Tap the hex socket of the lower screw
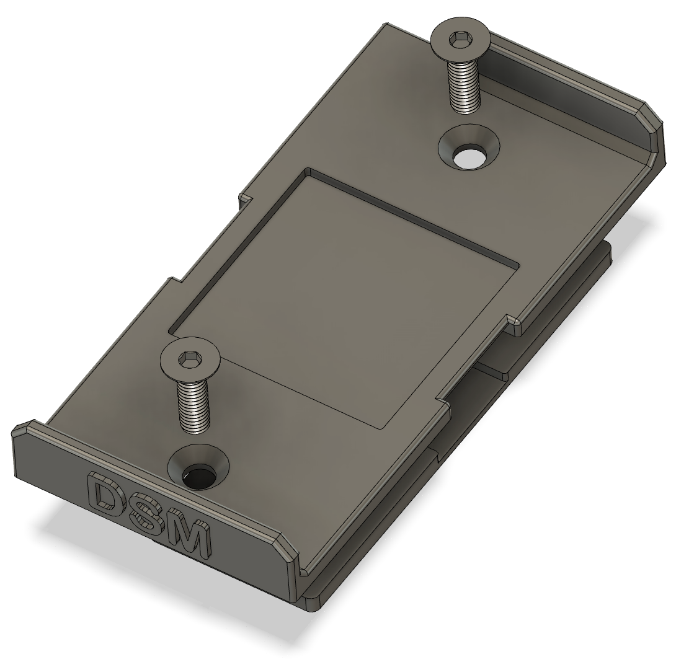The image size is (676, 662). coord(189,358)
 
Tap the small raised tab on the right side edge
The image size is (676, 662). coord(514,322)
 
